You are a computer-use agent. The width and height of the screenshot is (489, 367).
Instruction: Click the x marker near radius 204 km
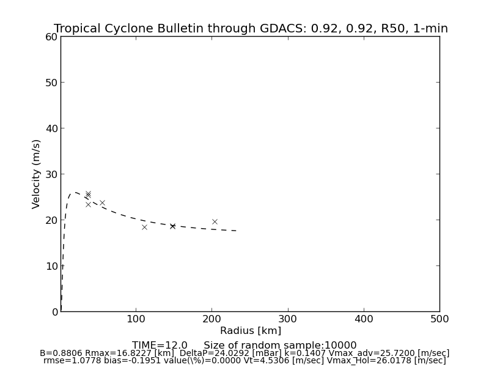[215, 221]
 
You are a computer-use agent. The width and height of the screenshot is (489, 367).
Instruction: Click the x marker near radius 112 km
[144, 227]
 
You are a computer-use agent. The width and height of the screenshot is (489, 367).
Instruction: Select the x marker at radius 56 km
[102, 202]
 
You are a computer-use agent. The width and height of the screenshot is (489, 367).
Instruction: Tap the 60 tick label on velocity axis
[51, 37]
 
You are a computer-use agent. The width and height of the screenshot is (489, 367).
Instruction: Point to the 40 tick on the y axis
[51, 128]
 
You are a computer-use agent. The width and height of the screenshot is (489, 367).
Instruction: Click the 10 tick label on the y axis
[51, 266]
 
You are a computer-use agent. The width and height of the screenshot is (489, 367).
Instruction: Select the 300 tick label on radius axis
[288, 319]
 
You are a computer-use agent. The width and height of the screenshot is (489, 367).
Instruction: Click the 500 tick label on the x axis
[439, 319]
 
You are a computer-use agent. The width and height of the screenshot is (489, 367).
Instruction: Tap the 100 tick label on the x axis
[136, 319]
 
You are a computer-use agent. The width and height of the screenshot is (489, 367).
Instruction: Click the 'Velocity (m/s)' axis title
[37, 174]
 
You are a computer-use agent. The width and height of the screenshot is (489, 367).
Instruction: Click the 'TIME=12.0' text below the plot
[160, 346]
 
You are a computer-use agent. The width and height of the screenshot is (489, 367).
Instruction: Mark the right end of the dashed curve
[237, 231]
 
